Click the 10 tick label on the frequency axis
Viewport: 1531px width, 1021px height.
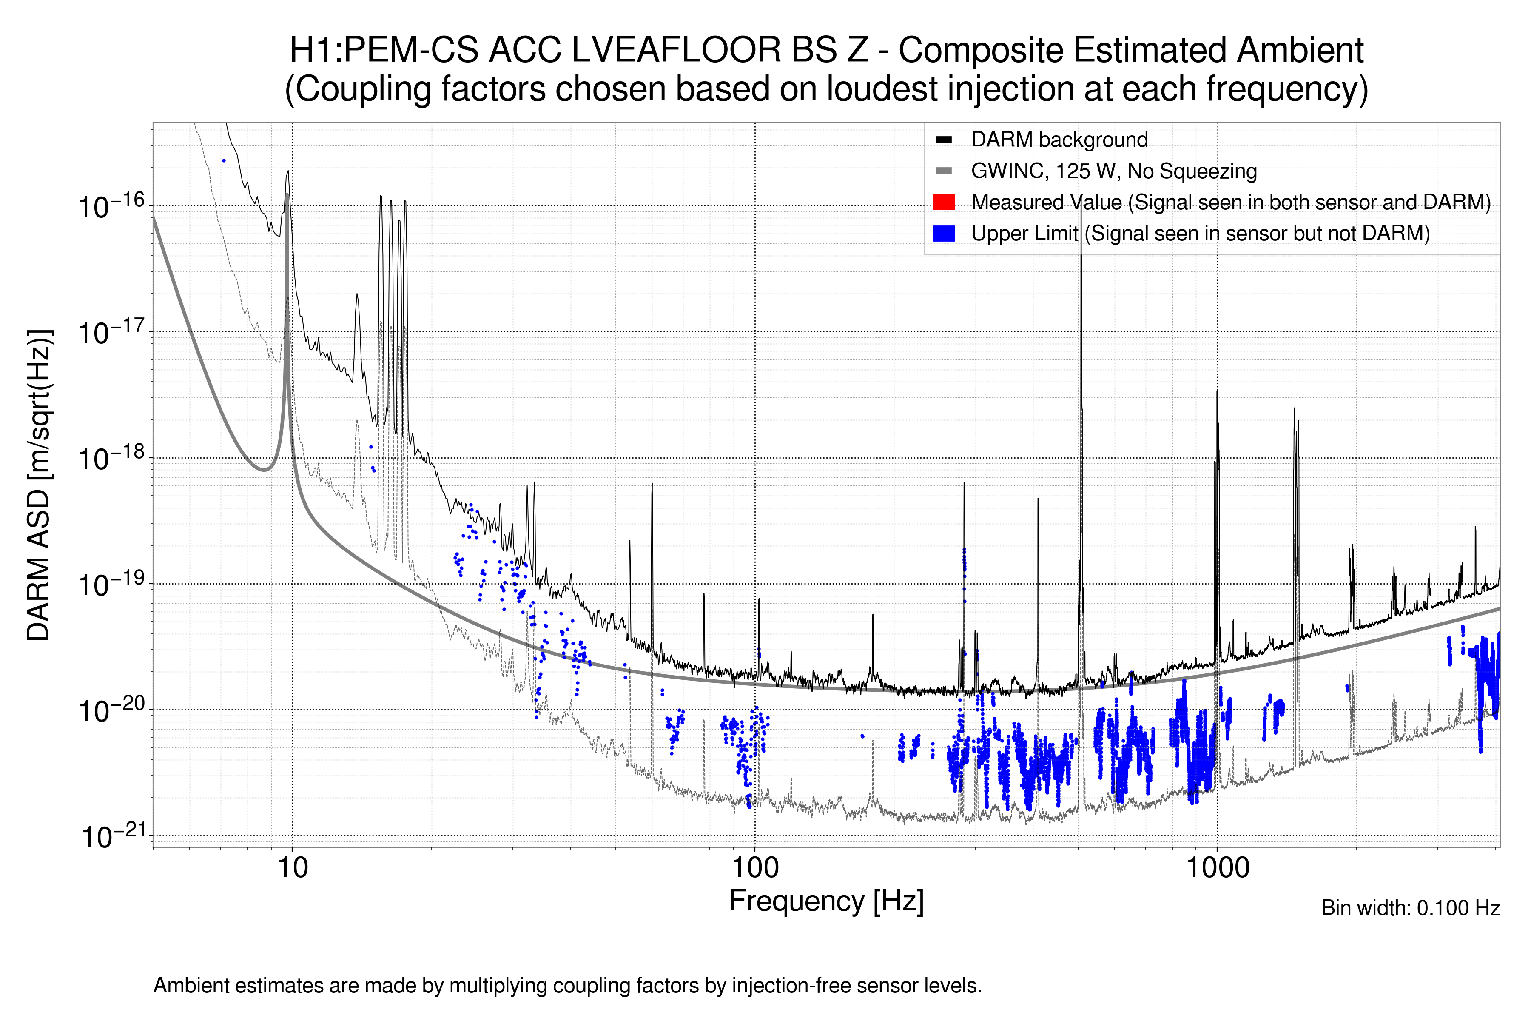click(292, 868)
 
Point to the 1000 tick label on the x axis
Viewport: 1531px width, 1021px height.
click(1217, 868)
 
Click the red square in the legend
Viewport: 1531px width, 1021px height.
click(943, 202)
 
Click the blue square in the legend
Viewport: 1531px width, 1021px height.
click(943, 233)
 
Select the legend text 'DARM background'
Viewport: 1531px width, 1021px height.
click(1059, 140)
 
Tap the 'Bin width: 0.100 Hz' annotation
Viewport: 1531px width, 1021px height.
click(1410, 908)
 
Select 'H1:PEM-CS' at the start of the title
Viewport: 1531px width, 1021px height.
click(384, 50)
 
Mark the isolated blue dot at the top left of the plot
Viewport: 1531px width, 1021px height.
click(224, 160)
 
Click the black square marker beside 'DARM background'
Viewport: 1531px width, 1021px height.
click(943, 140)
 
